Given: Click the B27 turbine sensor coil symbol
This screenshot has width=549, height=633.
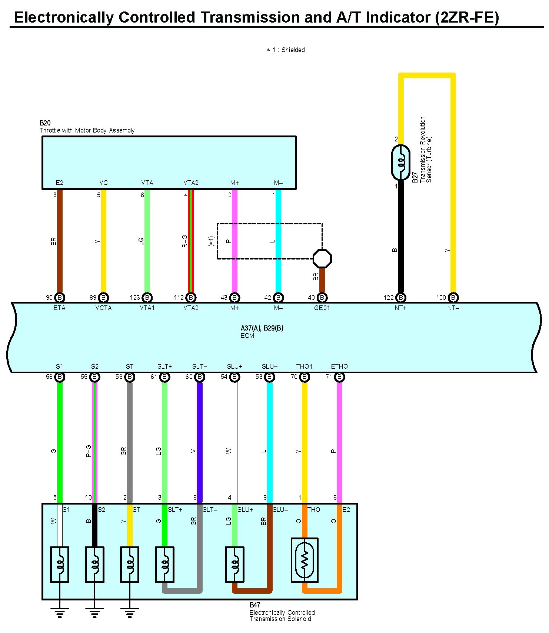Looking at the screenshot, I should tap(400, 163).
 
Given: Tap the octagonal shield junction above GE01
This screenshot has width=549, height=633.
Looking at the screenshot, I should tap(322, 258).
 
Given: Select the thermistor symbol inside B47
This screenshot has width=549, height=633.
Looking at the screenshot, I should tap(305, 560).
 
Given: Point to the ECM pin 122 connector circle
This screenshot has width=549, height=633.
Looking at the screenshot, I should tap(400, 297).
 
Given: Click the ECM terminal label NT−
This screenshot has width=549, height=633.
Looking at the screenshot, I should tap(453, 308).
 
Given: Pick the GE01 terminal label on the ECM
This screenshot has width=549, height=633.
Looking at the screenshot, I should tap(322, 308).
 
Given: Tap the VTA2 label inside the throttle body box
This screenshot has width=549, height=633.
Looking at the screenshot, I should tap(191, 183).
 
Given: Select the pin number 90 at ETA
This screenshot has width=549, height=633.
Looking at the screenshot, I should tap(49, 298).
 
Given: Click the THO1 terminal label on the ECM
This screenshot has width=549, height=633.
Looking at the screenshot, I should tap(304, 366).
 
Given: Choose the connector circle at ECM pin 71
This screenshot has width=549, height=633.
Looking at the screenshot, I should tap(339, 377).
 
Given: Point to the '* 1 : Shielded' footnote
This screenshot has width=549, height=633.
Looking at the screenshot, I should tap(286, 50).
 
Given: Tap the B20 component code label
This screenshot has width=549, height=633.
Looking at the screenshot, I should tap(45, 123).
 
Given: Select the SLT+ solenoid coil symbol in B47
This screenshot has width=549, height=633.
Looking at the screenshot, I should tap(164, 564).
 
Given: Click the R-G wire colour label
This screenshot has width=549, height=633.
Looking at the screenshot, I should tap(184, 241).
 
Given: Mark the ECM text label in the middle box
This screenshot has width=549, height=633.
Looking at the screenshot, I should tap(247, 336).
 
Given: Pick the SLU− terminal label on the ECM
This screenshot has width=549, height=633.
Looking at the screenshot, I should tap(269, 366).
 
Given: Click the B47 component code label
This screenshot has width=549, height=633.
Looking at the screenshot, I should tap(255, 605).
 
